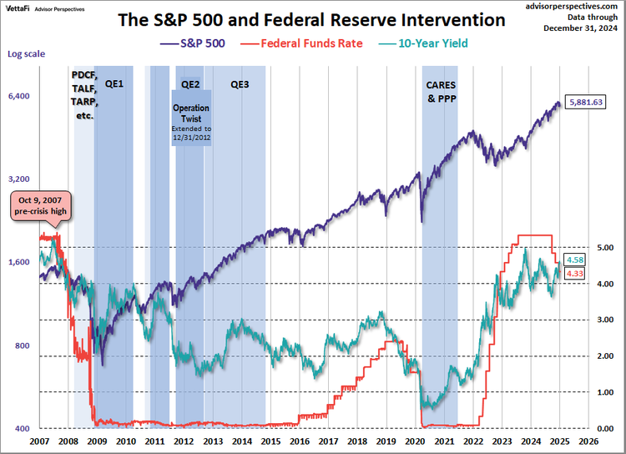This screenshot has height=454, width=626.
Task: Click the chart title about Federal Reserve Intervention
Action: pos(310,18)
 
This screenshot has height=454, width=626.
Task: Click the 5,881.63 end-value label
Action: pos(585,102)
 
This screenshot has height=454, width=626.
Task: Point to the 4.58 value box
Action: pos(574,260)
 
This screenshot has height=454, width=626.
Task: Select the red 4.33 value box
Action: pos(574,273)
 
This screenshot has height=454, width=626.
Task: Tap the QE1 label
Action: pos(114,84)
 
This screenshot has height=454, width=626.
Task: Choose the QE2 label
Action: pos(190,84)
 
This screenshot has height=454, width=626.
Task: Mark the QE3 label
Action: pos(240,84)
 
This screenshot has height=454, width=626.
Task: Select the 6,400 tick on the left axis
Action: pos(19,96)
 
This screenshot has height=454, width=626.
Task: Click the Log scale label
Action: pos(26,54)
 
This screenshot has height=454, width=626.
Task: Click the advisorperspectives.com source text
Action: pos(573,5)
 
